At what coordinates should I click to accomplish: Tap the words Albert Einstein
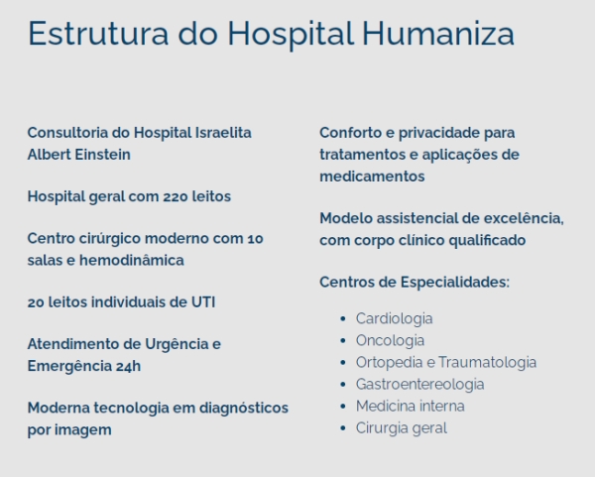[x=79, y=155]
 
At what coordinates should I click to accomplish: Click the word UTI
[x=201, y=301]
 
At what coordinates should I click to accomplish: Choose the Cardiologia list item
[x=394, y=318]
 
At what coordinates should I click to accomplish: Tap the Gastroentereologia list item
[x=419, y=384]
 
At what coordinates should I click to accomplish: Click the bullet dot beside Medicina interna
[x=343, y=407]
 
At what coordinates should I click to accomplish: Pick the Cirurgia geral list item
[x=401, y=427]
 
